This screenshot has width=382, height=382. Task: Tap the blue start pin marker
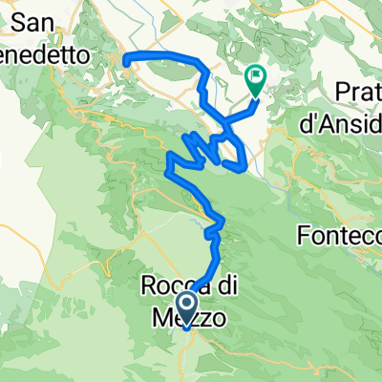pos(188,308)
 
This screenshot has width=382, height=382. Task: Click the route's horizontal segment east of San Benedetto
pos(162,59)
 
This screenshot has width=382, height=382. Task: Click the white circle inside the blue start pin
pos(188,305)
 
